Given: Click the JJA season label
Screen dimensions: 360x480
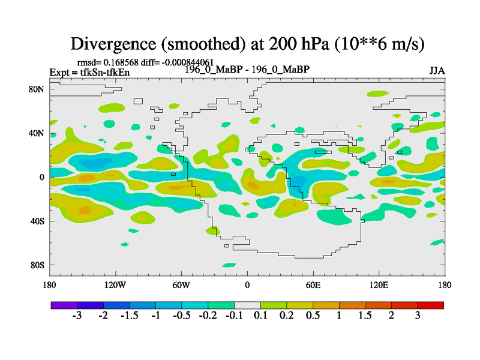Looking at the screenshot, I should tap(437, 71).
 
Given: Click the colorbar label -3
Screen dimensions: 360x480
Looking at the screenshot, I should tap(76, 316).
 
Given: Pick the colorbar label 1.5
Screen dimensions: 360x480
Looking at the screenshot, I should tap(365, 316).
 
